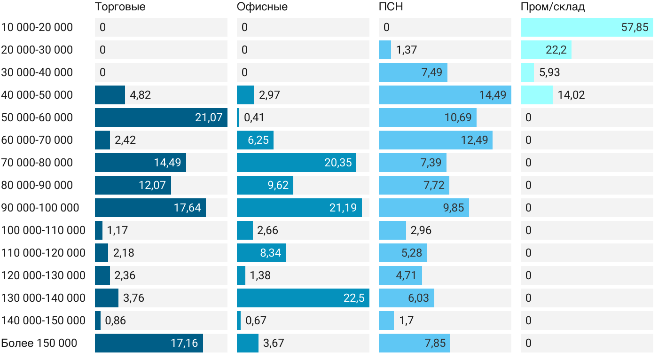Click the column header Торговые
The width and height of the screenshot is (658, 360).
tap(120, 7)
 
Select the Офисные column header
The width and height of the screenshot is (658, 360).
tap(262, 7)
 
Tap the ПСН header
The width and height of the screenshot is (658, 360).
tap(391, 7)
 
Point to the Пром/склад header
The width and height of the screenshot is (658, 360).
tap(552, 7)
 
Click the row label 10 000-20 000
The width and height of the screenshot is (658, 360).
tap(37, 27)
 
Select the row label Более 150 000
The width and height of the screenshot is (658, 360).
tap(39, 343)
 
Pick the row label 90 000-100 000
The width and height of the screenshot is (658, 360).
tap(40, 208)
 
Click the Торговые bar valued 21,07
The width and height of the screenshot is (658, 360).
tap(161, 117)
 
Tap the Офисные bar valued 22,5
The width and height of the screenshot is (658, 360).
tap(303, 298)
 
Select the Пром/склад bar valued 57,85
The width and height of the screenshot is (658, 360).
tap(587, 27)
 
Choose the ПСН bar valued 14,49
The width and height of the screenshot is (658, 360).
tap(445, 95)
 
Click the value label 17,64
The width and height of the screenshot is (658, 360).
tap(187, 208)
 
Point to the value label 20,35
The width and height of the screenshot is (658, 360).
tap(337, 163)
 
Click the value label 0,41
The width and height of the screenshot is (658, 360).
tap(254, 117)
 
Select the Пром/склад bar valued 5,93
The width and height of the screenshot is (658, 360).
tap(527, 72)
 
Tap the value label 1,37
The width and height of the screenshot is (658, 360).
tap(407, 50)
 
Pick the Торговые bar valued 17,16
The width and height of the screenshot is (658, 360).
tap(149, 343)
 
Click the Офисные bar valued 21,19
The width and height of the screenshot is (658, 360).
tap(299, 208)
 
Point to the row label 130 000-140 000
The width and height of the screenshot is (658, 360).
tap(44, 298)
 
